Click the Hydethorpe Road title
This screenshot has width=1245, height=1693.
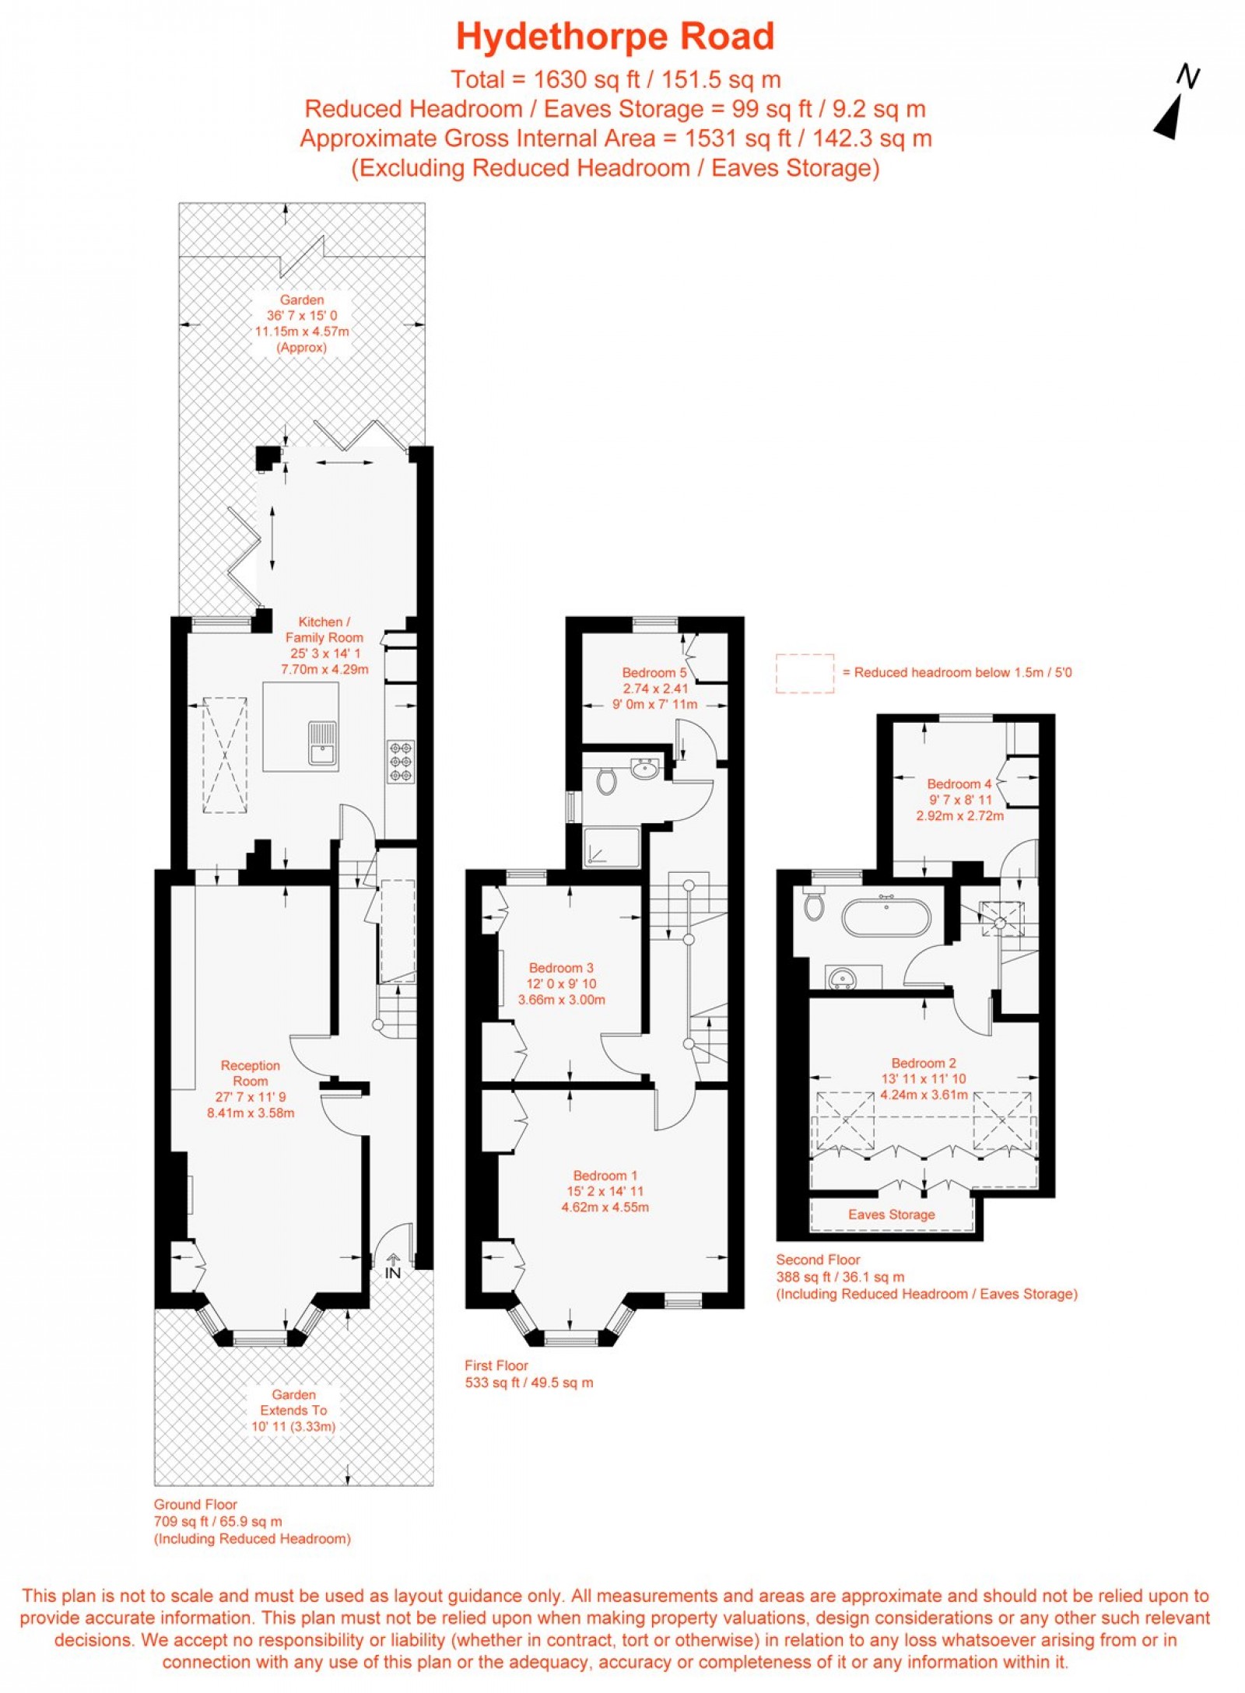click(615, 37)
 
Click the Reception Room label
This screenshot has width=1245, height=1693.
click(251, 1073)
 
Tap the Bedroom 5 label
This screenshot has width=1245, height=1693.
click(654, 672)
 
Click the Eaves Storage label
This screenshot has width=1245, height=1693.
click(892, 1215)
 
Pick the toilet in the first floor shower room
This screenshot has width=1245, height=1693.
click(608, 780)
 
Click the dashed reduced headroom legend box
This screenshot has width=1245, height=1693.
click(805, 673)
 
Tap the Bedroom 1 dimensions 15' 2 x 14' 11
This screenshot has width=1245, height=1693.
click(605, 1191)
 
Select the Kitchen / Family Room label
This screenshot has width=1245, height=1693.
click(324, 629)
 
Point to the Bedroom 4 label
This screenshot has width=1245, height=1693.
click(959, 783)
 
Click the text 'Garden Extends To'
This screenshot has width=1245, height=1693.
click(293, 1402)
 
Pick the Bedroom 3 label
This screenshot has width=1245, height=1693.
click(561, 968)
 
